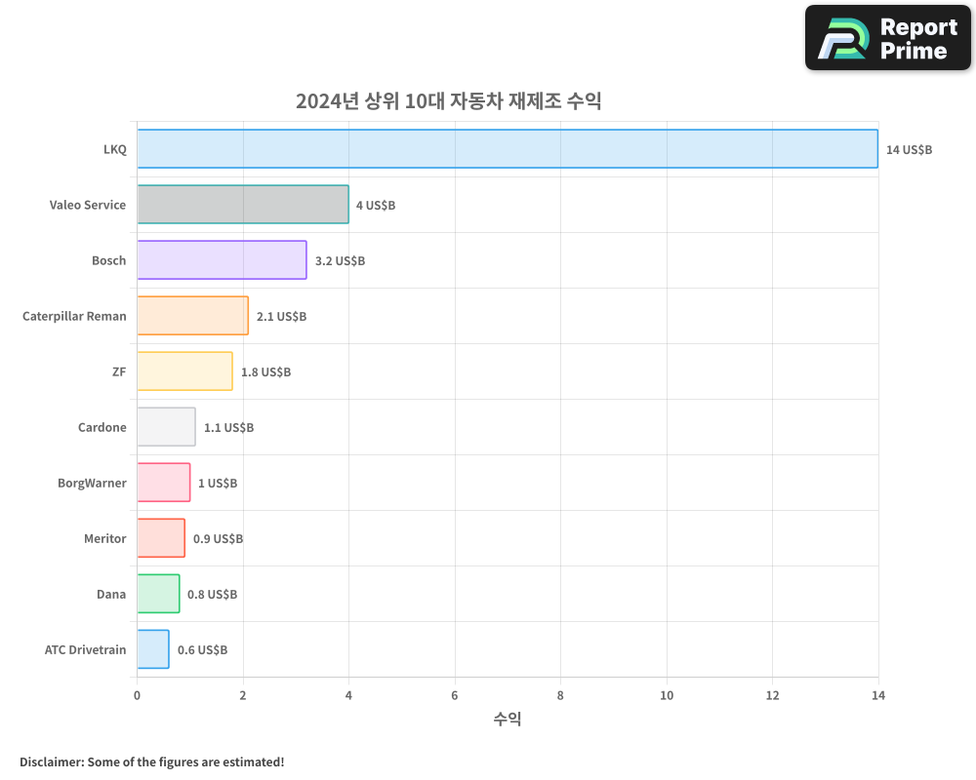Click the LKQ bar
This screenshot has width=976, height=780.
tap(508, 149)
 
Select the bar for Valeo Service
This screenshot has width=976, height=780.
tap(243, 205)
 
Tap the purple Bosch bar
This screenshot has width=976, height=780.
tap(222, 260)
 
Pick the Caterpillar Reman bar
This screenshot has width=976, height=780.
tap(192, 316)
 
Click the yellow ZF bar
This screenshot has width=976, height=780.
tap(184, 371)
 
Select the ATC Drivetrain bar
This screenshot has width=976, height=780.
tap(153, 649)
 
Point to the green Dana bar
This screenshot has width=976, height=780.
tap(158, 594)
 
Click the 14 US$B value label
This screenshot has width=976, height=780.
tap(909, 150)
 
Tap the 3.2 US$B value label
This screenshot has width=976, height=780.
tap(340, 261)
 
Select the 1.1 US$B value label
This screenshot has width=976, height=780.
tap(228, 428)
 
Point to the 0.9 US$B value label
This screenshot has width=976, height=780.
tap(218, 539)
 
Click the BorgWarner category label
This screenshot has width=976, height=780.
tap(92, 483)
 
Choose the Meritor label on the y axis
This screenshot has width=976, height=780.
tap(104, 538)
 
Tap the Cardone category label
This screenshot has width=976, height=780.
tap(102, 427)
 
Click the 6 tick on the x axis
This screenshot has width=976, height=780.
tap(455, 695)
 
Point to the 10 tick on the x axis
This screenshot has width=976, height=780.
tap(667, 695)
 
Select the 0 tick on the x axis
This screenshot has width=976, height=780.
tap(137, 695)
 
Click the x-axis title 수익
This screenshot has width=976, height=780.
tap(508, 720)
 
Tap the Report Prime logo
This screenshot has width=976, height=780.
tap(887, 38)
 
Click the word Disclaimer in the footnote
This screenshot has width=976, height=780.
tap(51, 761)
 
